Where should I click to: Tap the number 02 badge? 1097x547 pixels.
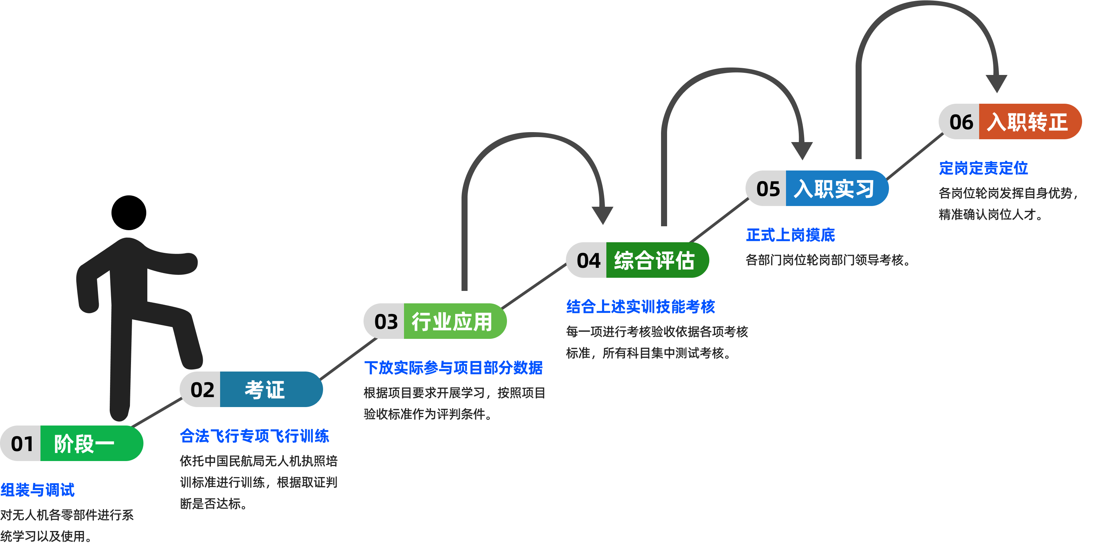202,389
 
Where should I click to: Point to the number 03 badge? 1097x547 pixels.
386,321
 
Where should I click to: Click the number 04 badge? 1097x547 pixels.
588,260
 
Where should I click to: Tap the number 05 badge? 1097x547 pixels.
768,189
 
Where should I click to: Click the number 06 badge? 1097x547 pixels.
961,122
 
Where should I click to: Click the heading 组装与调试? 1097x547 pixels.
38,490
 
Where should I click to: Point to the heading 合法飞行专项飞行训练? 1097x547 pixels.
254,436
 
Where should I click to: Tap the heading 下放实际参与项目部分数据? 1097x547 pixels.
453,368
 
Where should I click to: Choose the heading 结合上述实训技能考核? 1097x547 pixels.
640,306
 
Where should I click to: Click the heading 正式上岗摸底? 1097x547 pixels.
790,235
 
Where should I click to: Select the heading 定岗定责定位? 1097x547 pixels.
983,168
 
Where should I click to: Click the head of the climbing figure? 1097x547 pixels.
129,212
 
